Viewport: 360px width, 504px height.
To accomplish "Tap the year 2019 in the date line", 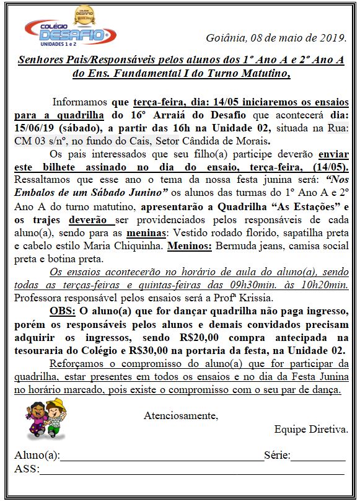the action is (331, 38).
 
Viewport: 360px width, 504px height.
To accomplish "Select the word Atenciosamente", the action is (180, 415).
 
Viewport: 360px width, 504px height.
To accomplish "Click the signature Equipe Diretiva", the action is (311, 428).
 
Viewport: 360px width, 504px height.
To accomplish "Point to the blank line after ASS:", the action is (192, 471).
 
